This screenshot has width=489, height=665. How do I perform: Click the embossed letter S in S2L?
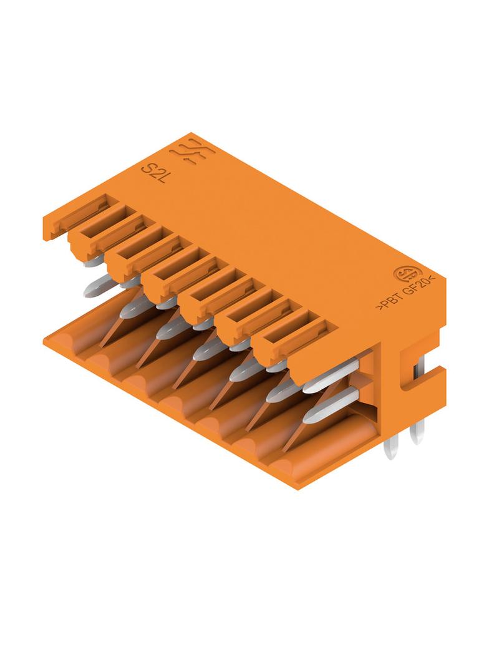[147, 169]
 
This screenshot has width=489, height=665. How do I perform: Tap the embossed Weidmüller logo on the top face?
[192, 152]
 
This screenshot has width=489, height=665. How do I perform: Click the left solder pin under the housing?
[390, 449]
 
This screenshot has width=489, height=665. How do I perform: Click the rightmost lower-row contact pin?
[331, 405]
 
